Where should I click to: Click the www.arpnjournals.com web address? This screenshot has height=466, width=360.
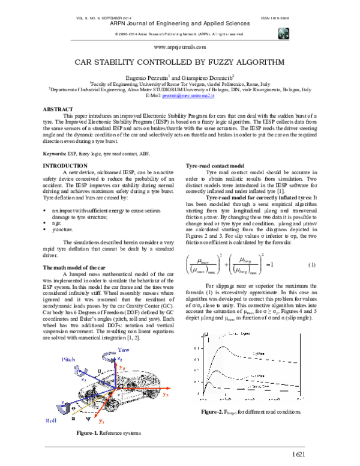pos(180,46)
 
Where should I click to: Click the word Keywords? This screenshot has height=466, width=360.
pos(55,154)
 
